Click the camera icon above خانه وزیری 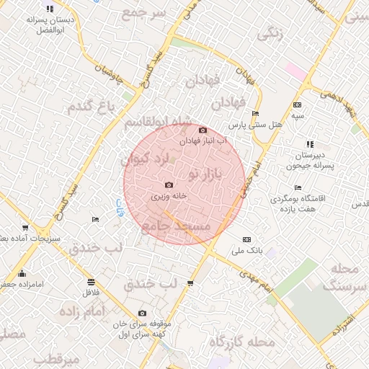point(168,185)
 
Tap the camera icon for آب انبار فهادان point(203,130)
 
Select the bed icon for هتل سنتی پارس point(255,114)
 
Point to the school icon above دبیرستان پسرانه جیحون point(311,144)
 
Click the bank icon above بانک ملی point(247,239)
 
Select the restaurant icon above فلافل point(90,282)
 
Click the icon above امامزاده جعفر point(22,273)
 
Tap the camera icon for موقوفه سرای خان point(142,314)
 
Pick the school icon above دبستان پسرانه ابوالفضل point(50,9)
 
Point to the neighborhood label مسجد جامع point(177,227)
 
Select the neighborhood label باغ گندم point(92,107)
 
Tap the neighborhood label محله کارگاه point(242,342)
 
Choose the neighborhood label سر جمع point(143,13)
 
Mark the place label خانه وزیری point(169,195)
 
